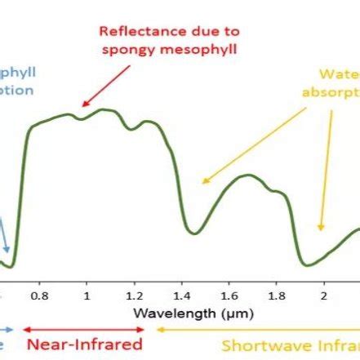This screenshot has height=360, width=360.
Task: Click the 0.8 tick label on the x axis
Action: (39, 293)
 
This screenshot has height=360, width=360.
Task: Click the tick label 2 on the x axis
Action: (323, 293)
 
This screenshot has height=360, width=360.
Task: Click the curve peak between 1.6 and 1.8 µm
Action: (243, 176)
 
